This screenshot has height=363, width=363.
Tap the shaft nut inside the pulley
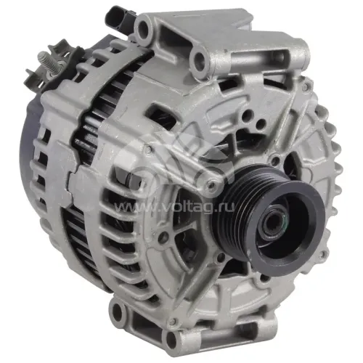tap(274, 221)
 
